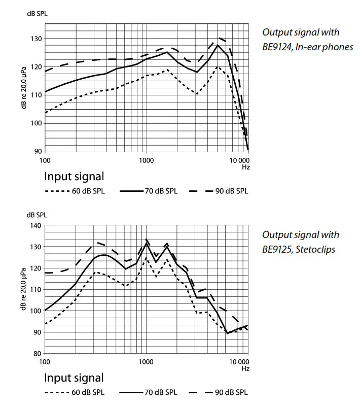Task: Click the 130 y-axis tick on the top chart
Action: pyautogui.click(x=36, y=39)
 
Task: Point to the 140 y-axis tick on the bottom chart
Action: pyautogui.click(x=36, y=225)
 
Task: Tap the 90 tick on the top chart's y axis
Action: pyautogui.click(x=38, y=151)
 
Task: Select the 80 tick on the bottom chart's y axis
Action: pyautogui.click(x=38, y=353)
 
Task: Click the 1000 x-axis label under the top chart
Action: pyautogui.click(x=146, y=160)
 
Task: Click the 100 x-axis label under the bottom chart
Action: pyautogui.click(x=45, y=362)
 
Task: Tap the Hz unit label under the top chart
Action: pyautogui.click(x=245, y=166)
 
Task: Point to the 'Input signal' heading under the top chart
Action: pyautogui.click(x=74, y=177)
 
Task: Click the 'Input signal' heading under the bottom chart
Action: pyautogui.click(x=74, y=378)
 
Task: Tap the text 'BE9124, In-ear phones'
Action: pyautogui.click(x=307, y=47)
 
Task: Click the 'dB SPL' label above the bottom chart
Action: pyautogui.click(x=37, y=215)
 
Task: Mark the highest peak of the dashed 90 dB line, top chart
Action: pyautogui.click(x=219, y=38)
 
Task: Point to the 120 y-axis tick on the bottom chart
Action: pyautogui.click(x=36, y=268)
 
